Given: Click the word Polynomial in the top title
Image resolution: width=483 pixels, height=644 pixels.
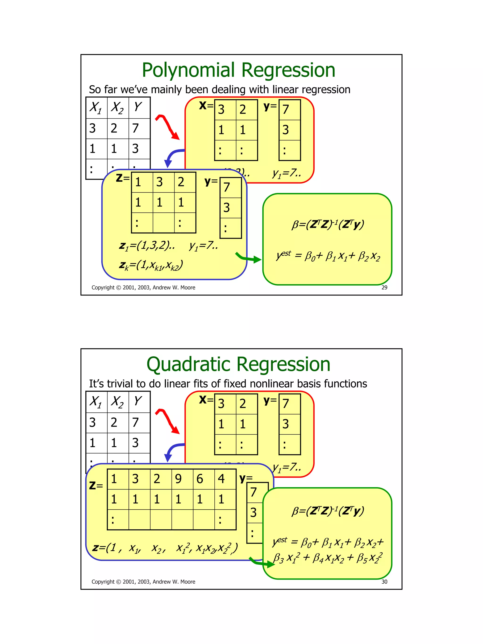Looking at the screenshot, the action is click(x=188, y=71).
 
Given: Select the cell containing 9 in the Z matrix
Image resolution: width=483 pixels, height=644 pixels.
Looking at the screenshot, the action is click(x=182, y=479).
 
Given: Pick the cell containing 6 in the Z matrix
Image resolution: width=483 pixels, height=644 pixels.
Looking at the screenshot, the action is click(x=204, y=479).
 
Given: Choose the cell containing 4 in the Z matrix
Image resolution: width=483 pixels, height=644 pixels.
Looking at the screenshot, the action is click(x=225, y=479).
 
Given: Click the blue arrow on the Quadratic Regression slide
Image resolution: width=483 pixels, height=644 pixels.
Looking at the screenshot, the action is click(x=173, y=451).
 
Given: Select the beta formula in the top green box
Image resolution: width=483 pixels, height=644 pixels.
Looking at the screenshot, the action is click(x=328, y=224).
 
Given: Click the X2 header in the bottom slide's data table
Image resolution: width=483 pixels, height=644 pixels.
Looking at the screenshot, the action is click(x=117, y=402).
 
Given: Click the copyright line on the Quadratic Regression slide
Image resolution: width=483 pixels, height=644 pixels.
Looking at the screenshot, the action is click(x=143, y=582).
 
